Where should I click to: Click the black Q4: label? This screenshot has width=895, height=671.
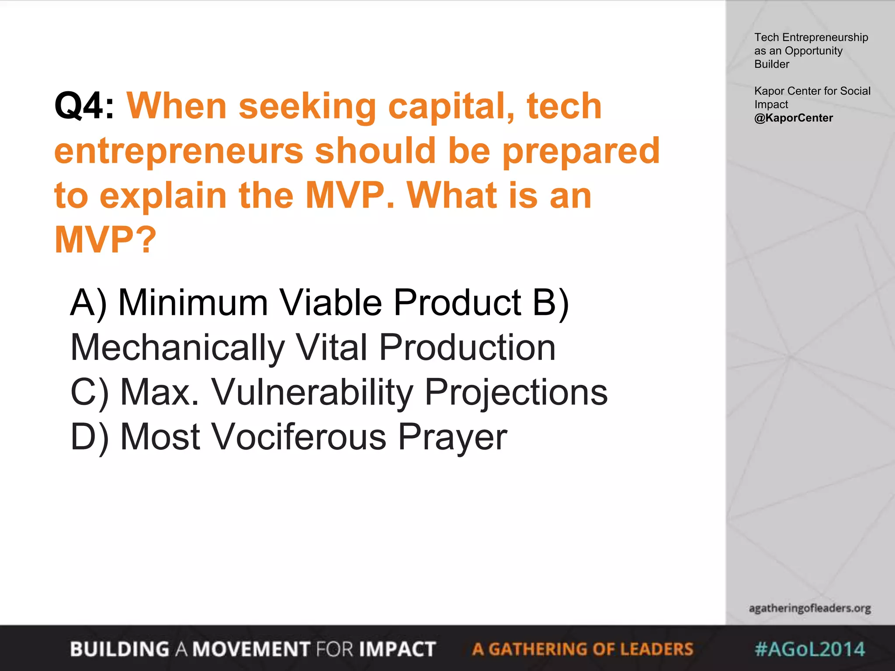point(84,106)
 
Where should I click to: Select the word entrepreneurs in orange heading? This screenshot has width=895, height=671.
point(179,151)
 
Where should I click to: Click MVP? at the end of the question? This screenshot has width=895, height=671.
point(105,240)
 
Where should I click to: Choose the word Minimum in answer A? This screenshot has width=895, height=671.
point(193,303)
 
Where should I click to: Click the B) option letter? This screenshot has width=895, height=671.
point(551,303)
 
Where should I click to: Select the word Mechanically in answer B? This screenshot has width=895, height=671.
point(177,348)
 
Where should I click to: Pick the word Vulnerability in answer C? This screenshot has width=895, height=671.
point(312,393)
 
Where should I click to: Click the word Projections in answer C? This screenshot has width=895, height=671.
point(516,393)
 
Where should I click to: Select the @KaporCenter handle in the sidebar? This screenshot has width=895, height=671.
point(793,118)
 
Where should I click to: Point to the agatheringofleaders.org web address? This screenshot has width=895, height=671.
point(809,608)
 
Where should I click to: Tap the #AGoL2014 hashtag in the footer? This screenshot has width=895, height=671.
point(809,649)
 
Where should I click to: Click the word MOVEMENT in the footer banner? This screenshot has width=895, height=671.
point(252,649)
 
